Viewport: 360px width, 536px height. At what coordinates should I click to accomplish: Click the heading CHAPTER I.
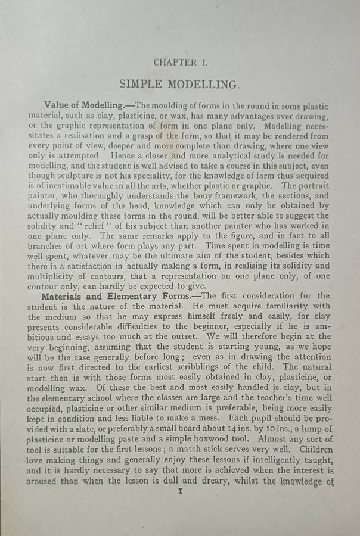(x=180, y=63)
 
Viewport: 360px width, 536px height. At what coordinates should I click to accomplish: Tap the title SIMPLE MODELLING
(x=180, y=84)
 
